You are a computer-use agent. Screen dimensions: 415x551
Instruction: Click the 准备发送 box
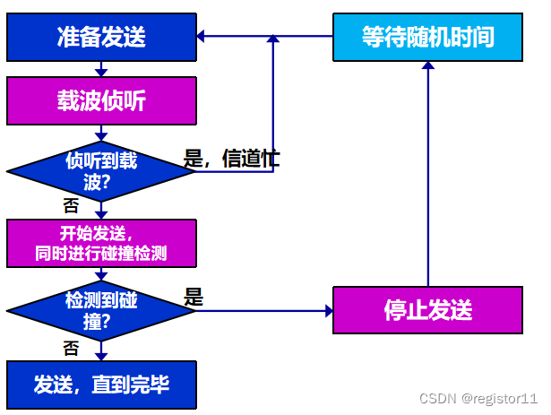tap(101, 37)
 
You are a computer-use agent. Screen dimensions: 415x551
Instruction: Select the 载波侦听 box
tap(101, 100)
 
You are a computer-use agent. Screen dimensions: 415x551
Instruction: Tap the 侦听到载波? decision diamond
tap(101, 170)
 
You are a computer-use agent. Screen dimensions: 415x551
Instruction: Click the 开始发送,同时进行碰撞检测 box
tap(101, 242)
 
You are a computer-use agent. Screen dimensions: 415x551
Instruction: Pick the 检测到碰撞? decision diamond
tap(101, 310)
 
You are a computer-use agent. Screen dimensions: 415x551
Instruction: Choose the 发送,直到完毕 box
tap(101, 385)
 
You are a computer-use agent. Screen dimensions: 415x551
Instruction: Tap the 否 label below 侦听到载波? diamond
tap(71, 205)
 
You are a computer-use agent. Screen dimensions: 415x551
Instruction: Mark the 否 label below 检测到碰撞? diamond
tap(71, 346)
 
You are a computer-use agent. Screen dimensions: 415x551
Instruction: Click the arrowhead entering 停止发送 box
tap(327, 310)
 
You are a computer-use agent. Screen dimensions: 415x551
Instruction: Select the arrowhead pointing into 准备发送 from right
tap(202, 37)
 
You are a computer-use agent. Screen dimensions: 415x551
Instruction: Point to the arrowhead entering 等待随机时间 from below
tap(427, 66)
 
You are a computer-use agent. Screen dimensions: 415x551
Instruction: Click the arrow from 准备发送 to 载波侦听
tap(101, 69)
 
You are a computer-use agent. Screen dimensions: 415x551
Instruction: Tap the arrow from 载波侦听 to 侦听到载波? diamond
tap(101, 133)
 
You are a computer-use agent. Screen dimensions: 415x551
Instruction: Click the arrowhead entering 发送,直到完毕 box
tap(101, 356)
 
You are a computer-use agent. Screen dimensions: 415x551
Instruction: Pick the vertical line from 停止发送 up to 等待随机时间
tap(427, 179)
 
